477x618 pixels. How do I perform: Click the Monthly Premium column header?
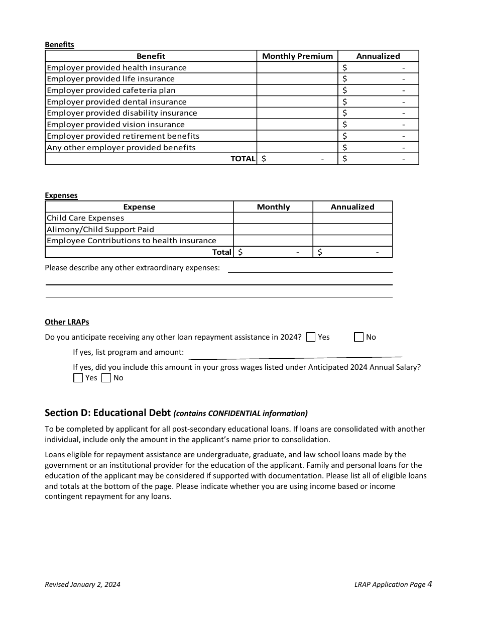(297, 56)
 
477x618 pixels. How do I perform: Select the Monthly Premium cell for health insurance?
(297, 68)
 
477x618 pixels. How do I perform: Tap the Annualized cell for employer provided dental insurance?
(378, 102)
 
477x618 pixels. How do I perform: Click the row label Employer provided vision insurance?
(115, 125)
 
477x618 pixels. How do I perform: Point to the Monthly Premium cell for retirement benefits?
(297, 136)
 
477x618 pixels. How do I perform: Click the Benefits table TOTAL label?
(243, 159)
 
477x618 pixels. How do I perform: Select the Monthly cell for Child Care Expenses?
(273, 218)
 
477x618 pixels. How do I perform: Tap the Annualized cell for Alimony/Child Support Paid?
(352, 230)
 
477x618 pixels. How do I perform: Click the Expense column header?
(139, 207)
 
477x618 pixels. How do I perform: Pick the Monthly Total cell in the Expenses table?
(273, 252)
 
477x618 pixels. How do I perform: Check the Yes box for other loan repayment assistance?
(311, 337)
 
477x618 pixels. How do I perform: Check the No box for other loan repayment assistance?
(359, 337)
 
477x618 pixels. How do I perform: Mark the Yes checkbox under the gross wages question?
(78, 378)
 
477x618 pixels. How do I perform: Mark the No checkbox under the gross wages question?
(106, 378)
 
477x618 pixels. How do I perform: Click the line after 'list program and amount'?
(295, 357)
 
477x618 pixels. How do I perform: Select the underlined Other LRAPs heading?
(67, 322)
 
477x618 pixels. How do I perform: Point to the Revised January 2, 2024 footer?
(82, 584)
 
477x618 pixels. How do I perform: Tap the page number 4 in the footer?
(430, 584)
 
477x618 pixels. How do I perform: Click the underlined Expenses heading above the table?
(61, 195)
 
